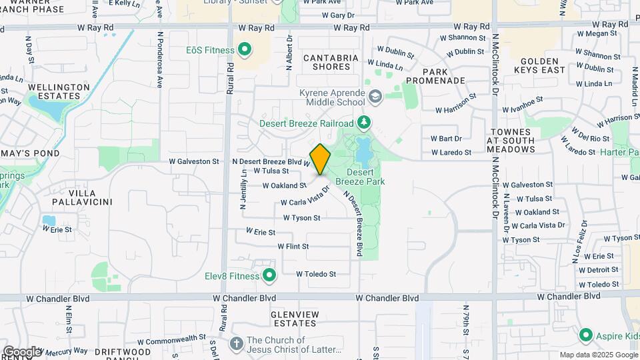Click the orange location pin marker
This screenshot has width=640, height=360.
coord(320,159)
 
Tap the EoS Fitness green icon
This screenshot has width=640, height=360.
coord(244,50)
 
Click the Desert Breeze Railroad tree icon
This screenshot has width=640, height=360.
coord(363,123)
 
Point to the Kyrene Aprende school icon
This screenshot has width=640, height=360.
coord(375,97)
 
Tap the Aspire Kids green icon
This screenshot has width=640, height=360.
coord(586,335)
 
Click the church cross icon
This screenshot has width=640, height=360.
coord(235,344)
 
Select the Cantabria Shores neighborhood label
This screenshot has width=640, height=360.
coord(331,62)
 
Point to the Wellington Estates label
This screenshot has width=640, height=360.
coord(59,91)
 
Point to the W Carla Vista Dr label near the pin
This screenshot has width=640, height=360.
coord(305,196)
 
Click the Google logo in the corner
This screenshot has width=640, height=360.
coord(21,351)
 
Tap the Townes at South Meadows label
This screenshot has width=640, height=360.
coord(511,141)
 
